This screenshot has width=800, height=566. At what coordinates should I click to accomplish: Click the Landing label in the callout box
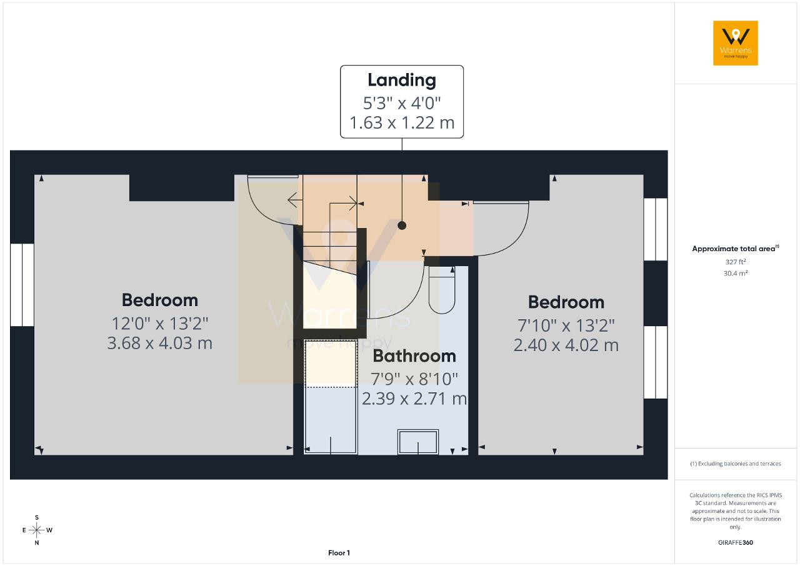402,81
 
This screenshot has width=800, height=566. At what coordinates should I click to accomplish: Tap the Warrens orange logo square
736,43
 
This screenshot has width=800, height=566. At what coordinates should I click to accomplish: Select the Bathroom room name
414,356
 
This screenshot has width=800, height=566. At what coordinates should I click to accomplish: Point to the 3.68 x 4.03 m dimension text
159,344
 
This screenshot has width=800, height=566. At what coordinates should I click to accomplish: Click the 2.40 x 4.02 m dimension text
566,345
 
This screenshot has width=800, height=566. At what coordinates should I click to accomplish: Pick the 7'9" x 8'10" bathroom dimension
414,379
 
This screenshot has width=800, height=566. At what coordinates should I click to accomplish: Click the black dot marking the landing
402,225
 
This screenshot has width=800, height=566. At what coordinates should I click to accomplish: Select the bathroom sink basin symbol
418,442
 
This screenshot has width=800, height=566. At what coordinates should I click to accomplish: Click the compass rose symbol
36,530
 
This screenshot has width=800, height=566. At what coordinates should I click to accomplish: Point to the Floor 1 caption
339,553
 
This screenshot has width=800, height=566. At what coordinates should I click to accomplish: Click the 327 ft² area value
736,262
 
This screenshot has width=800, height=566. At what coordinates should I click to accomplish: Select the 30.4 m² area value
736,273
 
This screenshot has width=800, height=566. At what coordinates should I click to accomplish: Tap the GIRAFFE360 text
736,542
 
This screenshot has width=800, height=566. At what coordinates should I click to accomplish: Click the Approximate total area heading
736,249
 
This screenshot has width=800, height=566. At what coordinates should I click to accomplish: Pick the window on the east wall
22,285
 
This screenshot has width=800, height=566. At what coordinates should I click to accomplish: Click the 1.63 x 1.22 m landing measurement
402,123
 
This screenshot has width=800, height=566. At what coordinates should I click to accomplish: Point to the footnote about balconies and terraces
736,464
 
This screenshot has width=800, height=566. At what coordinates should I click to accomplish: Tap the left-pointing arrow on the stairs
295,200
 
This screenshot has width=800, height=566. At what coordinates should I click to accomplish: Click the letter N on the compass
36,543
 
